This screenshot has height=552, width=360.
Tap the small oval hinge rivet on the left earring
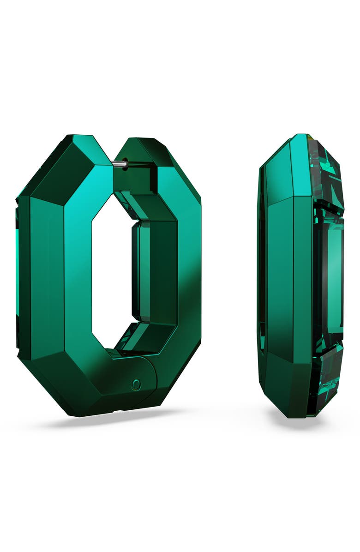point(136,384)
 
